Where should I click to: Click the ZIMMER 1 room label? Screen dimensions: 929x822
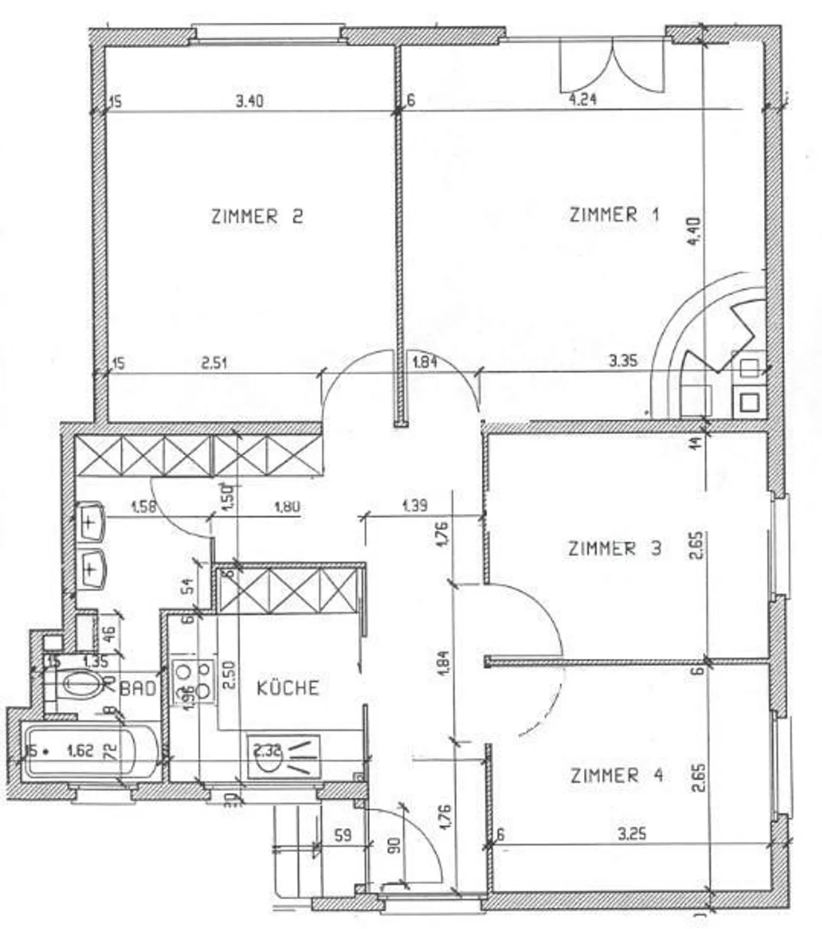(614, 215)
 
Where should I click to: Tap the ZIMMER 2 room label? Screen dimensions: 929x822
(257, 217)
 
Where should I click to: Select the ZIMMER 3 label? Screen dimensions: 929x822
(614, 549)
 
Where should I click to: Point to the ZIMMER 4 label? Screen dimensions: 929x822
(616, 775)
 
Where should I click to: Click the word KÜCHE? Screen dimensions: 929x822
(288, 687)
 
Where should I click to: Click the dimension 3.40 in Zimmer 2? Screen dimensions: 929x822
(249, 102)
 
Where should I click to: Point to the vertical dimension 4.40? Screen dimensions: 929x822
(694, 231)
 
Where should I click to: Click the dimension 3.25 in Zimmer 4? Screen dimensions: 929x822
(632, 834)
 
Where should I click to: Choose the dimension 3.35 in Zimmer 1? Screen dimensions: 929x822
(623, 361)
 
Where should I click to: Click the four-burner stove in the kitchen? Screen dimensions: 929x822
(193, 681)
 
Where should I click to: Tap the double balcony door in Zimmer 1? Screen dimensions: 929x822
(612, 66)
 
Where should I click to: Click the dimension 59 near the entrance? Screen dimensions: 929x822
(342, 835)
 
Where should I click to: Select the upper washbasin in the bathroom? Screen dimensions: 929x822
(91, 521)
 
